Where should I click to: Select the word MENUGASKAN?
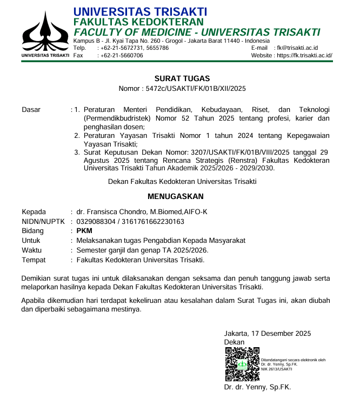[x=176, y=196]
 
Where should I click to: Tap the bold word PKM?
[x=85, y=231]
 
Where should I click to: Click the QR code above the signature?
[x=241, y=364]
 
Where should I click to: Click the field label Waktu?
[x=31, y=250]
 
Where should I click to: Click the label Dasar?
[x=31, y=110]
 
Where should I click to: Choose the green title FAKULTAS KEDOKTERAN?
[x=139, y=22]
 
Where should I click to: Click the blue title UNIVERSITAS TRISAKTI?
[x=140, y=11]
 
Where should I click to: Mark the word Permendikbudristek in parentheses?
[x=118, y=118]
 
